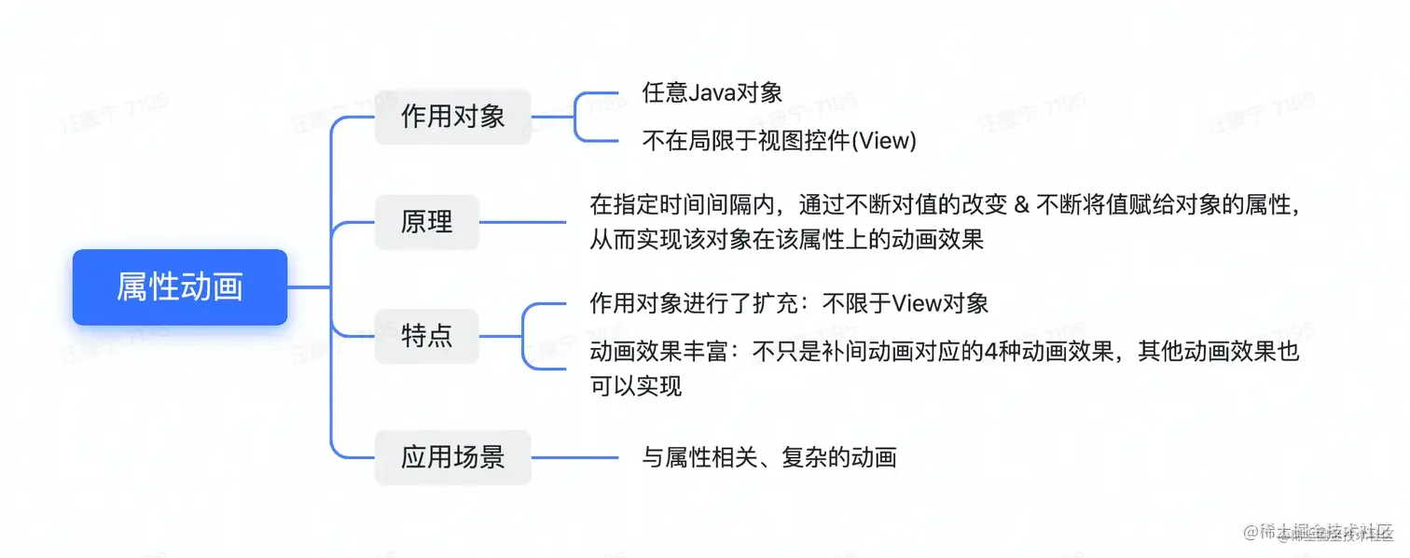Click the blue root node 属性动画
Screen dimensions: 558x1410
click(179, 287)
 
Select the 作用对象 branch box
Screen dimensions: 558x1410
click(452, 117)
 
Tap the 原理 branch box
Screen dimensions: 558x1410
click(426, 222)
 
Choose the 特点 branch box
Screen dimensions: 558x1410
click(426, 336)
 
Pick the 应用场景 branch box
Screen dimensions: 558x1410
click(452, 457)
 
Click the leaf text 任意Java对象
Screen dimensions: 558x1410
click(712, 92)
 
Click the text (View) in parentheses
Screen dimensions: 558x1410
click(885, 141)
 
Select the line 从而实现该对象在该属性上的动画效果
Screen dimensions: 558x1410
click(786, 240)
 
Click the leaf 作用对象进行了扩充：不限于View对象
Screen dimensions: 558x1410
click(789, 303)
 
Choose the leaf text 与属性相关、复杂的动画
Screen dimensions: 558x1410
click(769, 457)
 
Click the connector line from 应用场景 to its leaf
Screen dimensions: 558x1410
click(574, 457)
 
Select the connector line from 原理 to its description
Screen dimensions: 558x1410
click(522, 222)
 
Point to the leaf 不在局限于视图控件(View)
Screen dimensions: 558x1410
click(780, 141)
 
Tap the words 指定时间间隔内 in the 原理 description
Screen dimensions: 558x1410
click(673, 204)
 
